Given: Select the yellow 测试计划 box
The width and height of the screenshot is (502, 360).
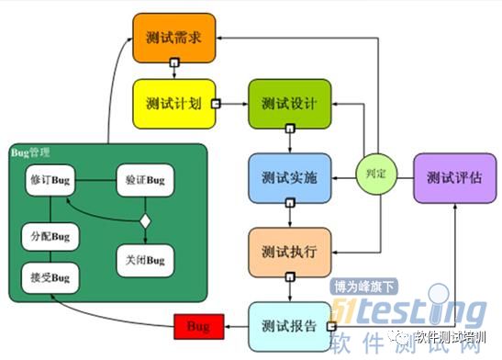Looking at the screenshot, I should coord(173,103).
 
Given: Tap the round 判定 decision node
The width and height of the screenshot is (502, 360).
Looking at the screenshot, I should coord(375,173).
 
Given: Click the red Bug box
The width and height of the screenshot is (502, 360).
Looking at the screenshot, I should coord(197,326).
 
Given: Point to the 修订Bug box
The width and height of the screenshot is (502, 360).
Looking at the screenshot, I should coord(50,178).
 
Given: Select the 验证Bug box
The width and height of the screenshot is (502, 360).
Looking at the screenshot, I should coord(144,178).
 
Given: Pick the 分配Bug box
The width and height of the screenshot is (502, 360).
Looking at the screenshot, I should coord(50,237).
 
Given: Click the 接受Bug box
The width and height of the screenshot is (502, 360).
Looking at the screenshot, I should coord(50,276).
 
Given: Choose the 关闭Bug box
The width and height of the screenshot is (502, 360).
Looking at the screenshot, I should coord(144,261).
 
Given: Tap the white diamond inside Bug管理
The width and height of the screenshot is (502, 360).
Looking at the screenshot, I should coord(144,220).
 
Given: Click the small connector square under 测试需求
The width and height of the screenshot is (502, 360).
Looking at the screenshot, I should coord(173,64).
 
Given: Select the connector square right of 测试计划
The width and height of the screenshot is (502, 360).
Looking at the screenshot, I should coord(217,104).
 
